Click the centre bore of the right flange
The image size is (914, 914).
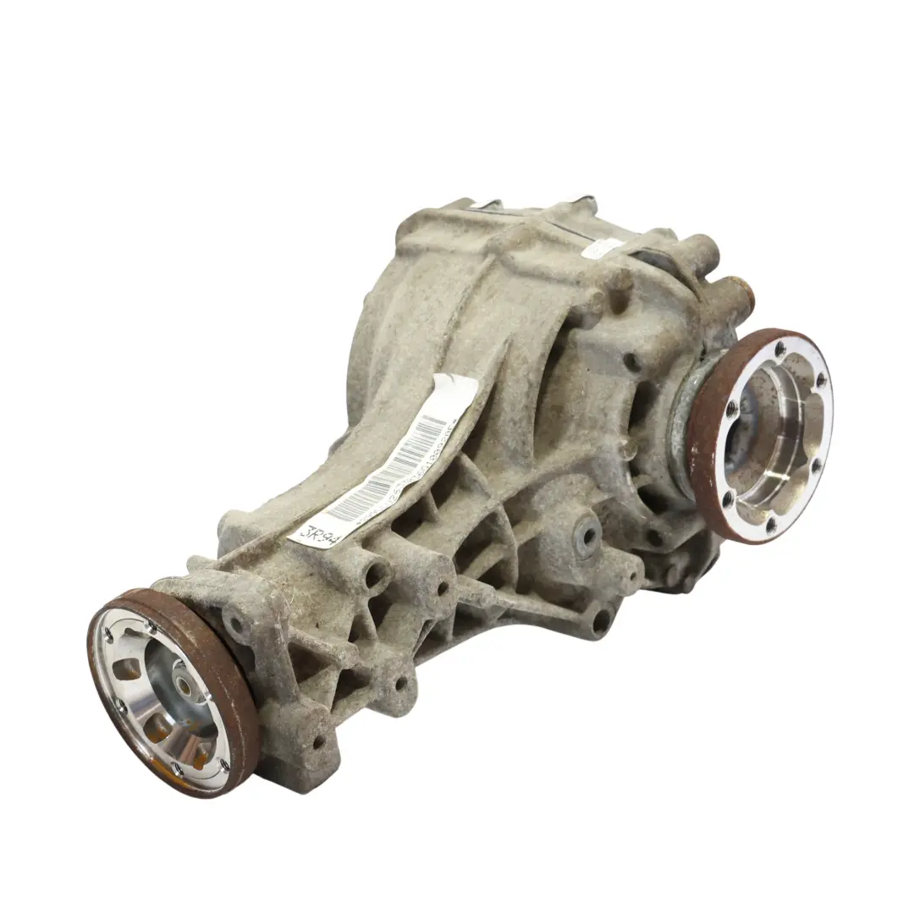click(766, 440)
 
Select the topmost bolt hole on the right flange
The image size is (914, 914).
click(779, 345)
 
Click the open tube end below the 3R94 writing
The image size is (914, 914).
click(372, 575)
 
